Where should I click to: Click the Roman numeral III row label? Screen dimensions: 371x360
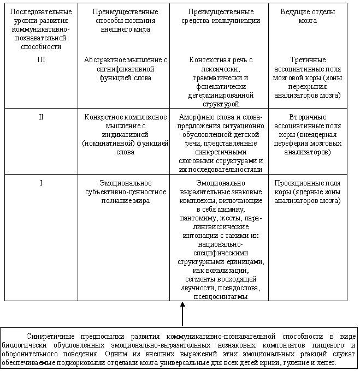tap(41, 59)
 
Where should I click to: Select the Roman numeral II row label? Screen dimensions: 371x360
tap(41, 117)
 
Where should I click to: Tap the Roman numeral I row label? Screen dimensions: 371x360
tap(41, 183)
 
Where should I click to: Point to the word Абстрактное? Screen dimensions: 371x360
tap(107, 59)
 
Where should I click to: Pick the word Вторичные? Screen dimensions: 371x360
tap(308, 117)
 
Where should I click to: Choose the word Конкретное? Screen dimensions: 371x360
tap(105, 117)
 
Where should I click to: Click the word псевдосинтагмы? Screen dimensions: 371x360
tap(219, 296)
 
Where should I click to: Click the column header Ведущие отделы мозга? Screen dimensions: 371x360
tap(308, 16)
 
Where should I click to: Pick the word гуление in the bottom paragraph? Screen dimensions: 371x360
tap(299, 362)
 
